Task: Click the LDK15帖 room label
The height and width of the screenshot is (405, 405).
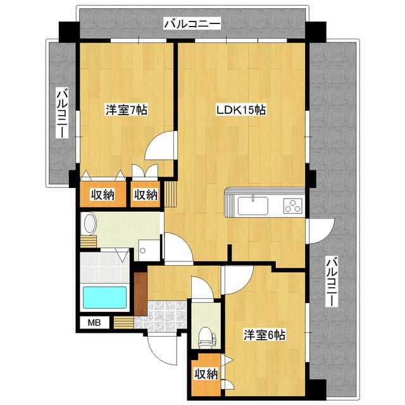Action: click(x=241, y=110)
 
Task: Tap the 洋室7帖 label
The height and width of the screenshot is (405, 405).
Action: click(x=127, y=109)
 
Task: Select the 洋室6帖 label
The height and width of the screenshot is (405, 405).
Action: click(x=265, y=335)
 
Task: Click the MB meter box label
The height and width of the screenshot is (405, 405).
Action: click(x=94, y=322)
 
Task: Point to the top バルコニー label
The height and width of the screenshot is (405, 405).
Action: click(x=192, y=24)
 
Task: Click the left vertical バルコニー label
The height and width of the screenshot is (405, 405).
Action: click(x=63, y=113)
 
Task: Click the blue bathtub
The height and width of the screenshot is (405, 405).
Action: click(x=104, y=297)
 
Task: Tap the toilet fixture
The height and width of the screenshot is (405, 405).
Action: click(x=207, y=337)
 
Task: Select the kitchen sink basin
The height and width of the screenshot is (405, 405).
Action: click(x=252, y=206)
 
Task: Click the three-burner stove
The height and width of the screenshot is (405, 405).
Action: click(x=293, y=206)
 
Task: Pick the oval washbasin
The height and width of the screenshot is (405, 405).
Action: click(x=90, y=223)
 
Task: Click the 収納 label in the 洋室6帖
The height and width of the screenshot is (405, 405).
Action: click(x=206, y=374)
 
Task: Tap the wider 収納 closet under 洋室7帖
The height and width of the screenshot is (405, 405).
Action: click(x=103, y=194)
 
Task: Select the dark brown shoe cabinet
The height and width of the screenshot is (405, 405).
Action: click(x=140, y=294)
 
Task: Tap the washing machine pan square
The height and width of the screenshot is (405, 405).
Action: click(x=149, y=250)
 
